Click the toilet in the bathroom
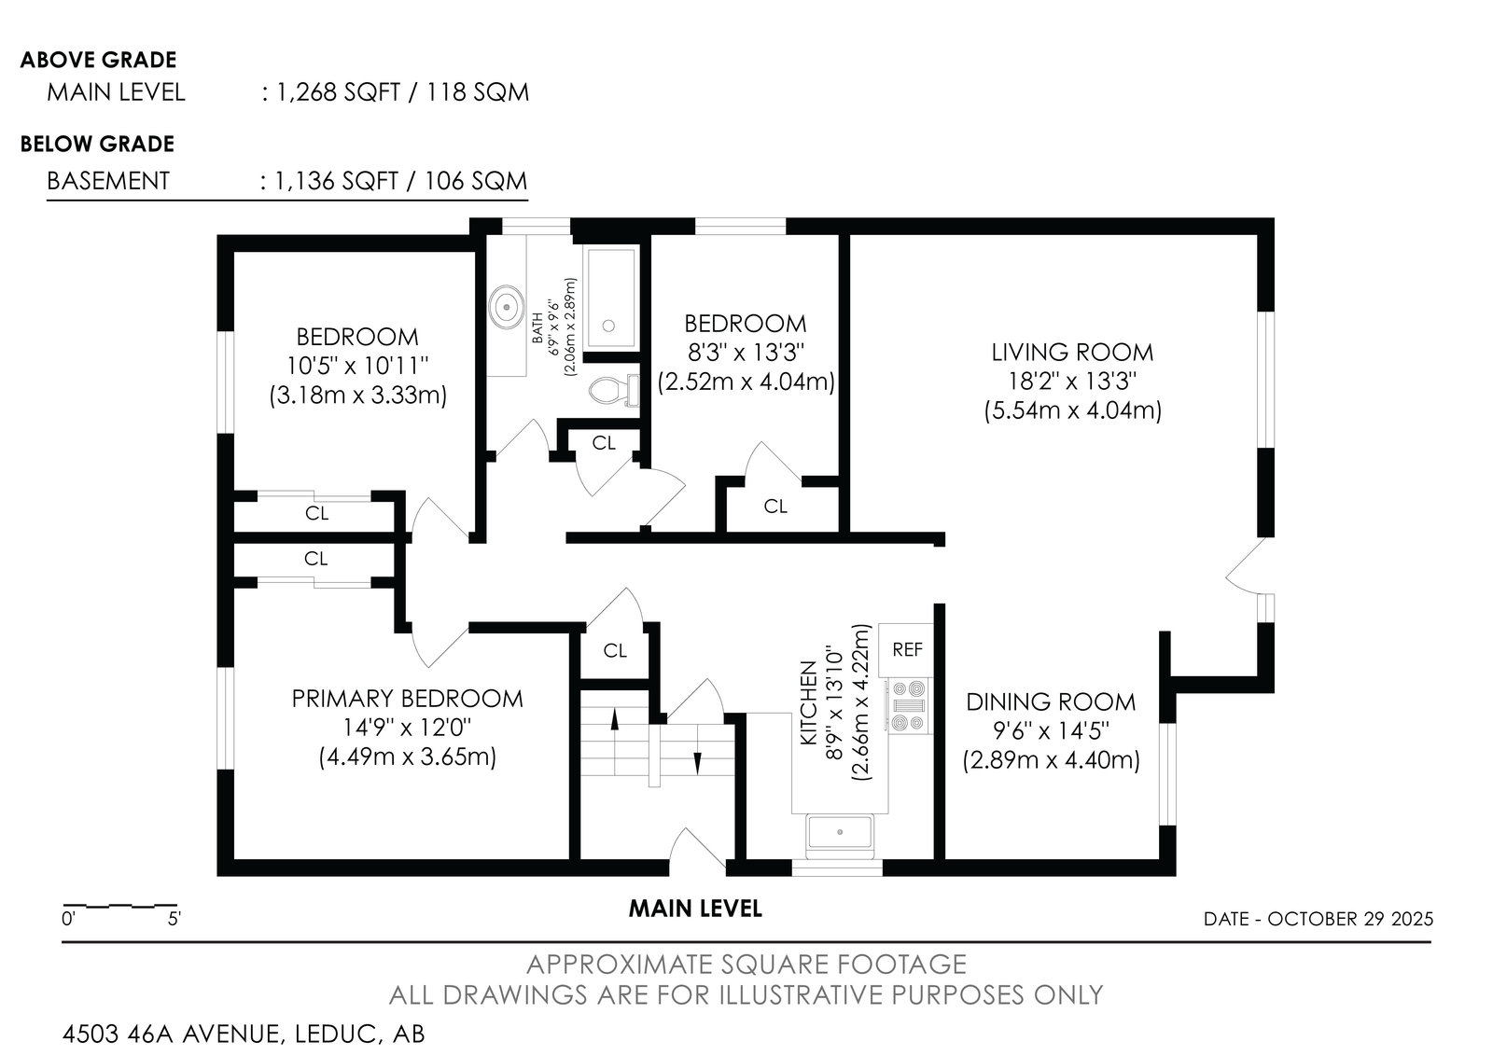click(x=614, y=390)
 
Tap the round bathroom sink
click(x=507, y=307)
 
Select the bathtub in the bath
click(x=610, y=298)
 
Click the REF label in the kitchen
click(x=907, y=649)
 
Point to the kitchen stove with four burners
click(x=909, y=706)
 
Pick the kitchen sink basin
click(x=839, y=833)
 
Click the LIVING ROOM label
click(x=1072, y=352)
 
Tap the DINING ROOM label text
click(x=1051, y=701)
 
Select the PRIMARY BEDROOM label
click(x=407, y=699)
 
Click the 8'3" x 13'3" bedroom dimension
click(x=746, y=352)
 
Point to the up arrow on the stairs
click(x=615, y=720)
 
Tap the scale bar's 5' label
click(x=174, y=919)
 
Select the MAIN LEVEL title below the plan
click(x=695, y=909)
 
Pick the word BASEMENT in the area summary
click(x=108, y=181)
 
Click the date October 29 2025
click(x=1349, y=919)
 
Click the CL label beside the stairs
click(x=615, y=650)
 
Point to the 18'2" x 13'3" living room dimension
click(x=1072, y=381)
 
